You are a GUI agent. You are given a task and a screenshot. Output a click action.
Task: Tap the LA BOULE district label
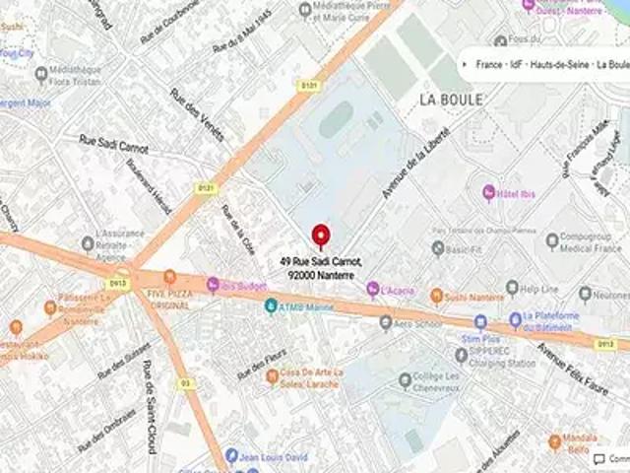point(451,100)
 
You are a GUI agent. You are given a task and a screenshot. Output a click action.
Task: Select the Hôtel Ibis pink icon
point(489,191)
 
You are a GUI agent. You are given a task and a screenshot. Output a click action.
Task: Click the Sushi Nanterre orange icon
point(436,296)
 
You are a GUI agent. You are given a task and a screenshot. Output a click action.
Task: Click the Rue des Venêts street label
point(197,114)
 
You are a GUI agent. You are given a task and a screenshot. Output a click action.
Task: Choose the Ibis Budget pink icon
point(213,285)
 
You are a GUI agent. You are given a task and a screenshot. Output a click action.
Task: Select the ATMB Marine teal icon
point(271,306)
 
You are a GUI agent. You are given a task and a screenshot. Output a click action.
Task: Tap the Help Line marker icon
point(512,288)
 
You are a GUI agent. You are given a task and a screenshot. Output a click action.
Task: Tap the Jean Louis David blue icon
point(231,455)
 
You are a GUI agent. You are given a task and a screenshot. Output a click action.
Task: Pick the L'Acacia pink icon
point(373,289)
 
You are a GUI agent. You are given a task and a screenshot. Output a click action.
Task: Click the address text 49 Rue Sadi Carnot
point(321,261)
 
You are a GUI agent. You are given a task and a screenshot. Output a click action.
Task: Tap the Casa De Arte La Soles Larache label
point(311,376)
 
